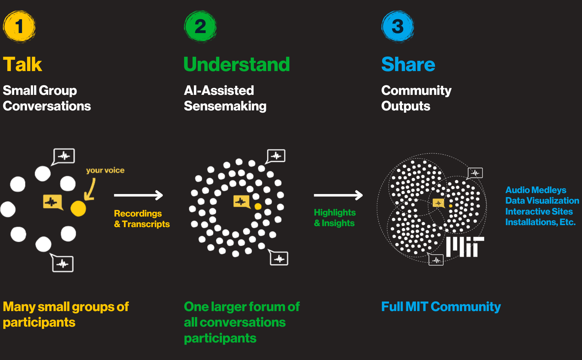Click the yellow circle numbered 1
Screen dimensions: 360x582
(x=19, y=26)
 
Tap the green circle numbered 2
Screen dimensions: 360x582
(x=200, y=26)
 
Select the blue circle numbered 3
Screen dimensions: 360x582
(x=398, y=26)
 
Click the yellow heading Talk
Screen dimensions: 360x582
(x=22, y=64)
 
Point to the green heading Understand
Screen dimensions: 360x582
(x=236, y=64)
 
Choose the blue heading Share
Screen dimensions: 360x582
(x=408, y=64)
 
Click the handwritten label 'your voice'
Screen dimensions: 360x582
(x=105, y=170)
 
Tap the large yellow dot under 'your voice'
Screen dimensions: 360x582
(x=78, y=208)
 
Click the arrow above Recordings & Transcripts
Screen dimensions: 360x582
(x=138, y=195)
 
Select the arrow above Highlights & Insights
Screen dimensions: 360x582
(x=338, y=195)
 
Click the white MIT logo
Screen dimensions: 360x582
(x=465, y=247)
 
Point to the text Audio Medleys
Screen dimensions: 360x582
(x=535, y=190)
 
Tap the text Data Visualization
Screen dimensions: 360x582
(x=542, y=201)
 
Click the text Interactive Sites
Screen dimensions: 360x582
(x=539, y=212)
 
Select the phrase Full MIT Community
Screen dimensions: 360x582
(x=441, y=307)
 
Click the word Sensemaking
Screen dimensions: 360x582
(x=225, y=106)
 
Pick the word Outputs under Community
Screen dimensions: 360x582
(x=406, y=106)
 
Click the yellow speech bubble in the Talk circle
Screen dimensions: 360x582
(x=52, y=202)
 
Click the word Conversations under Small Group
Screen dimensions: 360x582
(x=47, y=106)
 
